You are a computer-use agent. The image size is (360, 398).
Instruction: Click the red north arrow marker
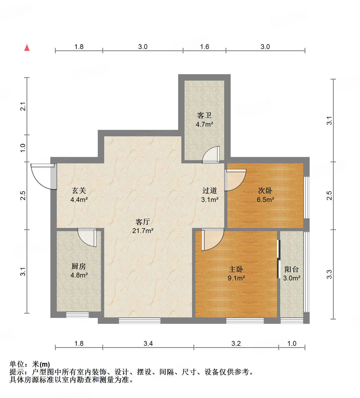pos(27,48)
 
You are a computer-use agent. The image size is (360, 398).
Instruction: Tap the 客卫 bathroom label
pos(204,115)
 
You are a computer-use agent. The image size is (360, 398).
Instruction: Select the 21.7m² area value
pos(142,231)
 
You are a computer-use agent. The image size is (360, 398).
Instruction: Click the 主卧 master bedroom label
pos(236,269)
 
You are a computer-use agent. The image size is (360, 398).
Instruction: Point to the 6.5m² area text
pos(265,200)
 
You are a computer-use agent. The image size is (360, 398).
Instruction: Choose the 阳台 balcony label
pos(291,269)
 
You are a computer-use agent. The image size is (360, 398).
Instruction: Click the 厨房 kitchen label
pos(79,266)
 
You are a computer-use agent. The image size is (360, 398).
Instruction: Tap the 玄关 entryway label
pos(79,190)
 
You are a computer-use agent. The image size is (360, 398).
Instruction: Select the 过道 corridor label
pos(209,190)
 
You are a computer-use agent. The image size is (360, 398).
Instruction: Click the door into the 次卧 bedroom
pos(235,179)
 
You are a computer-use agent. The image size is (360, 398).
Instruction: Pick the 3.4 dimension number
pos(148,343)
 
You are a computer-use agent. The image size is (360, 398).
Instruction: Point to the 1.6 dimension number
pos(204,47)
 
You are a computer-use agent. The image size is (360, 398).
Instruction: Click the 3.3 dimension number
pos(329,274)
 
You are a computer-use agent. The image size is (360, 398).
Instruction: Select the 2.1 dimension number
pos(23,106)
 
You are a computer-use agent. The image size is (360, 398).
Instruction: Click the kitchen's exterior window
pos(77,315)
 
